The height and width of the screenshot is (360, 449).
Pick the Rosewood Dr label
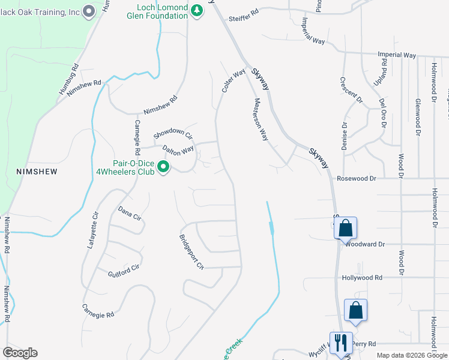pos(356,178)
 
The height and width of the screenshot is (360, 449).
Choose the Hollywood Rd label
pos(362,278)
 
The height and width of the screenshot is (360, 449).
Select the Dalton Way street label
pos(178,149)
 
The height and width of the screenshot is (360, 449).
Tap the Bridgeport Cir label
pos(192,250)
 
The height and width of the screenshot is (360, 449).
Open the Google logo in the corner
pos(20,353)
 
